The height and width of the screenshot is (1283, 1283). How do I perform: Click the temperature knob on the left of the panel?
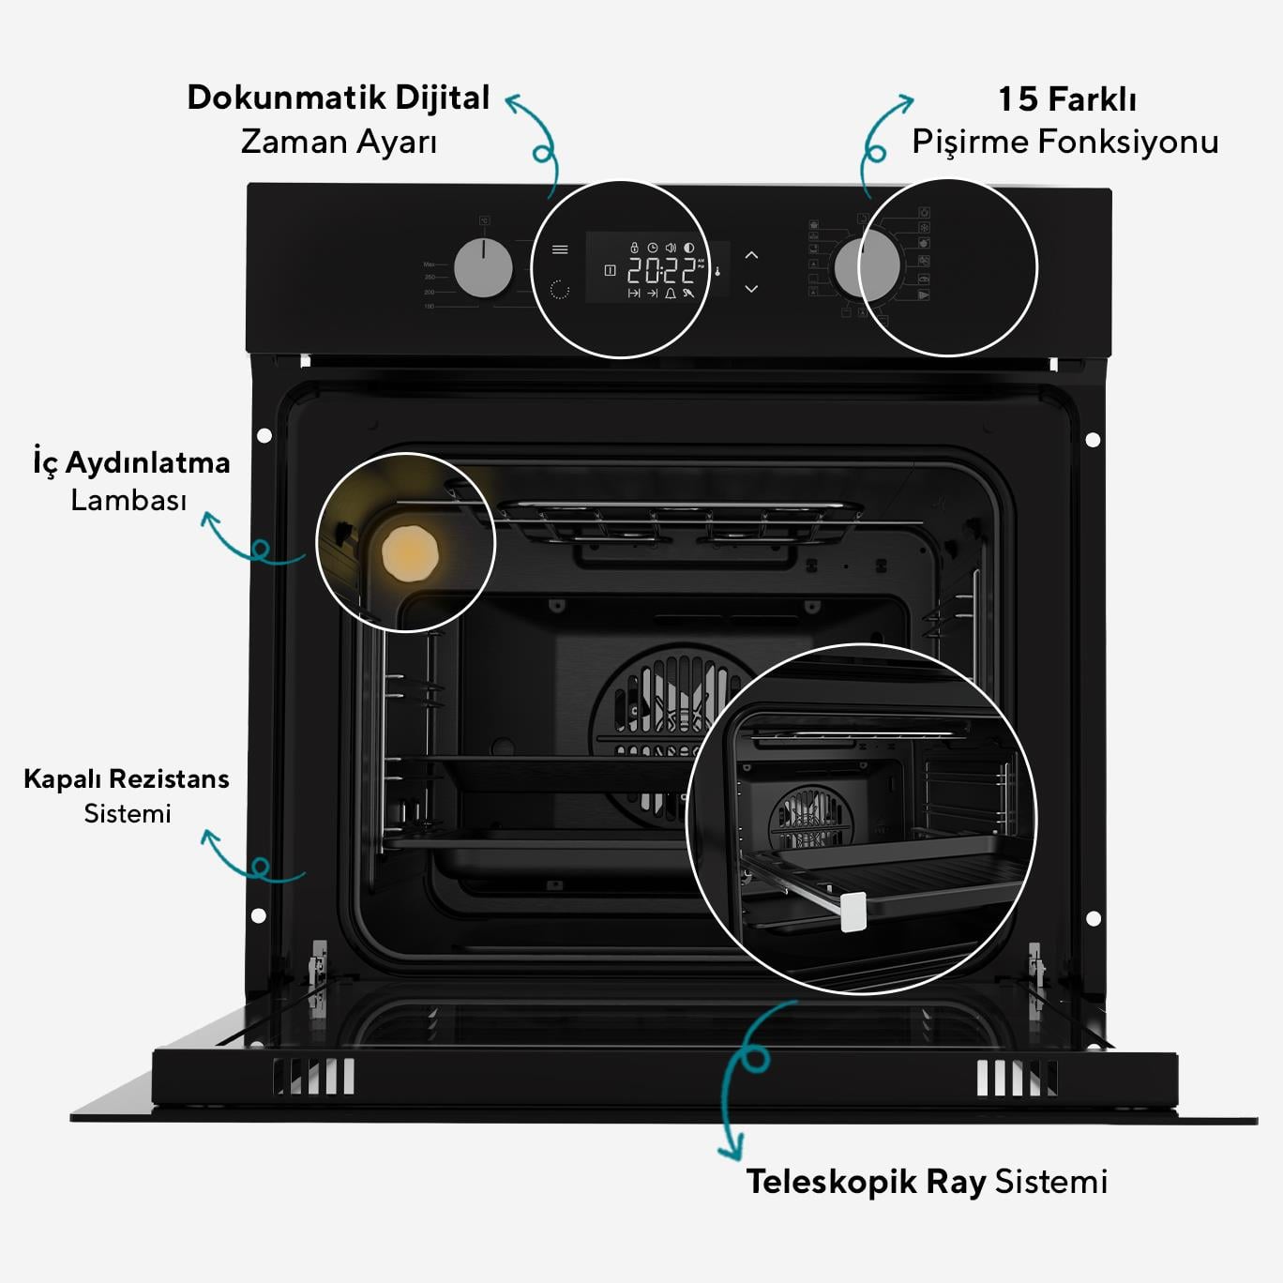483,268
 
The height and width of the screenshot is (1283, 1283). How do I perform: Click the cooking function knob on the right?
867,265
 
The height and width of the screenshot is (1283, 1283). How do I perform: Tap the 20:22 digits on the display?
661,271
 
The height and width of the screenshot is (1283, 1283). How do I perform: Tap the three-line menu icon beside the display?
560,249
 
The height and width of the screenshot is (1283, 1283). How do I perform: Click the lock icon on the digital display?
634,248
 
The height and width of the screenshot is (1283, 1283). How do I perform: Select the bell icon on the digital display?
670,294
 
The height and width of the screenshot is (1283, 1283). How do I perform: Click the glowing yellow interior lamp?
410,553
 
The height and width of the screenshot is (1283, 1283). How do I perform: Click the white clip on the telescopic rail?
853,911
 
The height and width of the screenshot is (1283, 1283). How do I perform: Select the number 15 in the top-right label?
1018,99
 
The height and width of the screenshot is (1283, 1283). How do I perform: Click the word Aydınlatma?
147,462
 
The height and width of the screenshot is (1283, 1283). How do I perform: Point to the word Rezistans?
169,778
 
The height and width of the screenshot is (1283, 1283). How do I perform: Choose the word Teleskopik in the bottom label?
831,1182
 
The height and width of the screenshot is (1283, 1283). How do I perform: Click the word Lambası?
128,500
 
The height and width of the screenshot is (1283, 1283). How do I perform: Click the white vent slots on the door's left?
313,1077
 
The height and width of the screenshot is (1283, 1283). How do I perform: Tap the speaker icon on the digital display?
671,248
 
